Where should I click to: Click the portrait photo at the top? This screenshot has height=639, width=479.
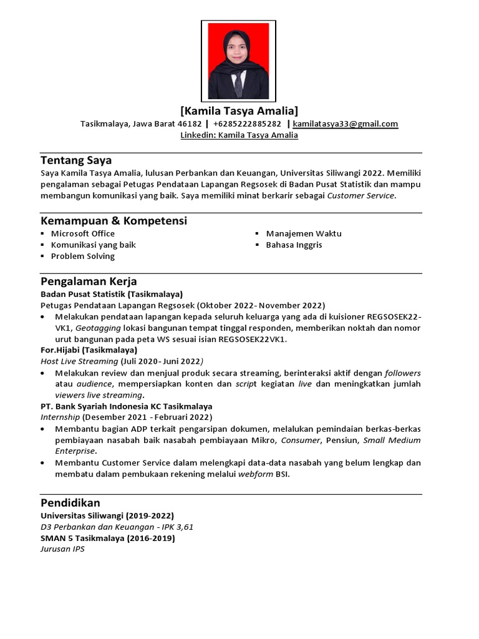click(239, 61)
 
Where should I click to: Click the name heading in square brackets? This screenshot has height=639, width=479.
click(239, 111)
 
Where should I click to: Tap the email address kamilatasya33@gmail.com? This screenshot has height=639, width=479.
click(345, 124)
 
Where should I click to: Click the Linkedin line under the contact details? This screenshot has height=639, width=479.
click(239, 135)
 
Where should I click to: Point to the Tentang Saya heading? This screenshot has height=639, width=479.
click(76, 160)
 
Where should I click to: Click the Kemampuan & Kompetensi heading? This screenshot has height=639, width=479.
click(114, 221)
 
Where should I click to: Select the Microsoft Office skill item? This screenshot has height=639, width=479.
click(82, 233)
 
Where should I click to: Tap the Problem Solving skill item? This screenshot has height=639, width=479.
click(82, 256)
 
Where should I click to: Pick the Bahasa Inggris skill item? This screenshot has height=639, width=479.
click(294, 245)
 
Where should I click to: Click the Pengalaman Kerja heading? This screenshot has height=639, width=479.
click(89, 281)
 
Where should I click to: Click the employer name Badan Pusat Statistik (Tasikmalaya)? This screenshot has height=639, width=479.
click(111, 294)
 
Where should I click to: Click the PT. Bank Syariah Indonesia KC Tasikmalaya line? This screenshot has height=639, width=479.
click(126, 406)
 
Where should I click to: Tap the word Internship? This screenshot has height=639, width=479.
click(60, 417)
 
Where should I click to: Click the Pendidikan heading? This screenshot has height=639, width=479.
click(70, 503)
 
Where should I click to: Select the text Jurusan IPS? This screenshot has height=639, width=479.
click(62, 549)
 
